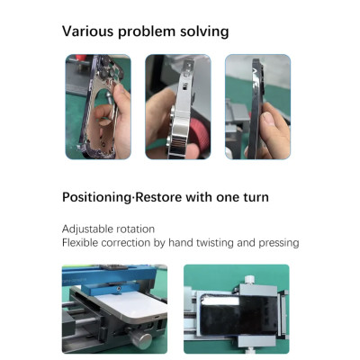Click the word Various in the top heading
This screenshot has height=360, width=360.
[x=87, y=31]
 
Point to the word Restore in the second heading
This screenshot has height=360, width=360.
[x=158, y=197]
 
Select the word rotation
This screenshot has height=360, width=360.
[x=136, y=229]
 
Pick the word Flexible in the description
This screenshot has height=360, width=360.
[x=80, y=242]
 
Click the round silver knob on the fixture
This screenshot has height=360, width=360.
[x=139, y=337]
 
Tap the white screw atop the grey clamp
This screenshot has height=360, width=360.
[x=249, y=280]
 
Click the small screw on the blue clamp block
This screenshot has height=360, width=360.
[x=120, y=289]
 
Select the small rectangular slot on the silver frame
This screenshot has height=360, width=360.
[x=184, y=87]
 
